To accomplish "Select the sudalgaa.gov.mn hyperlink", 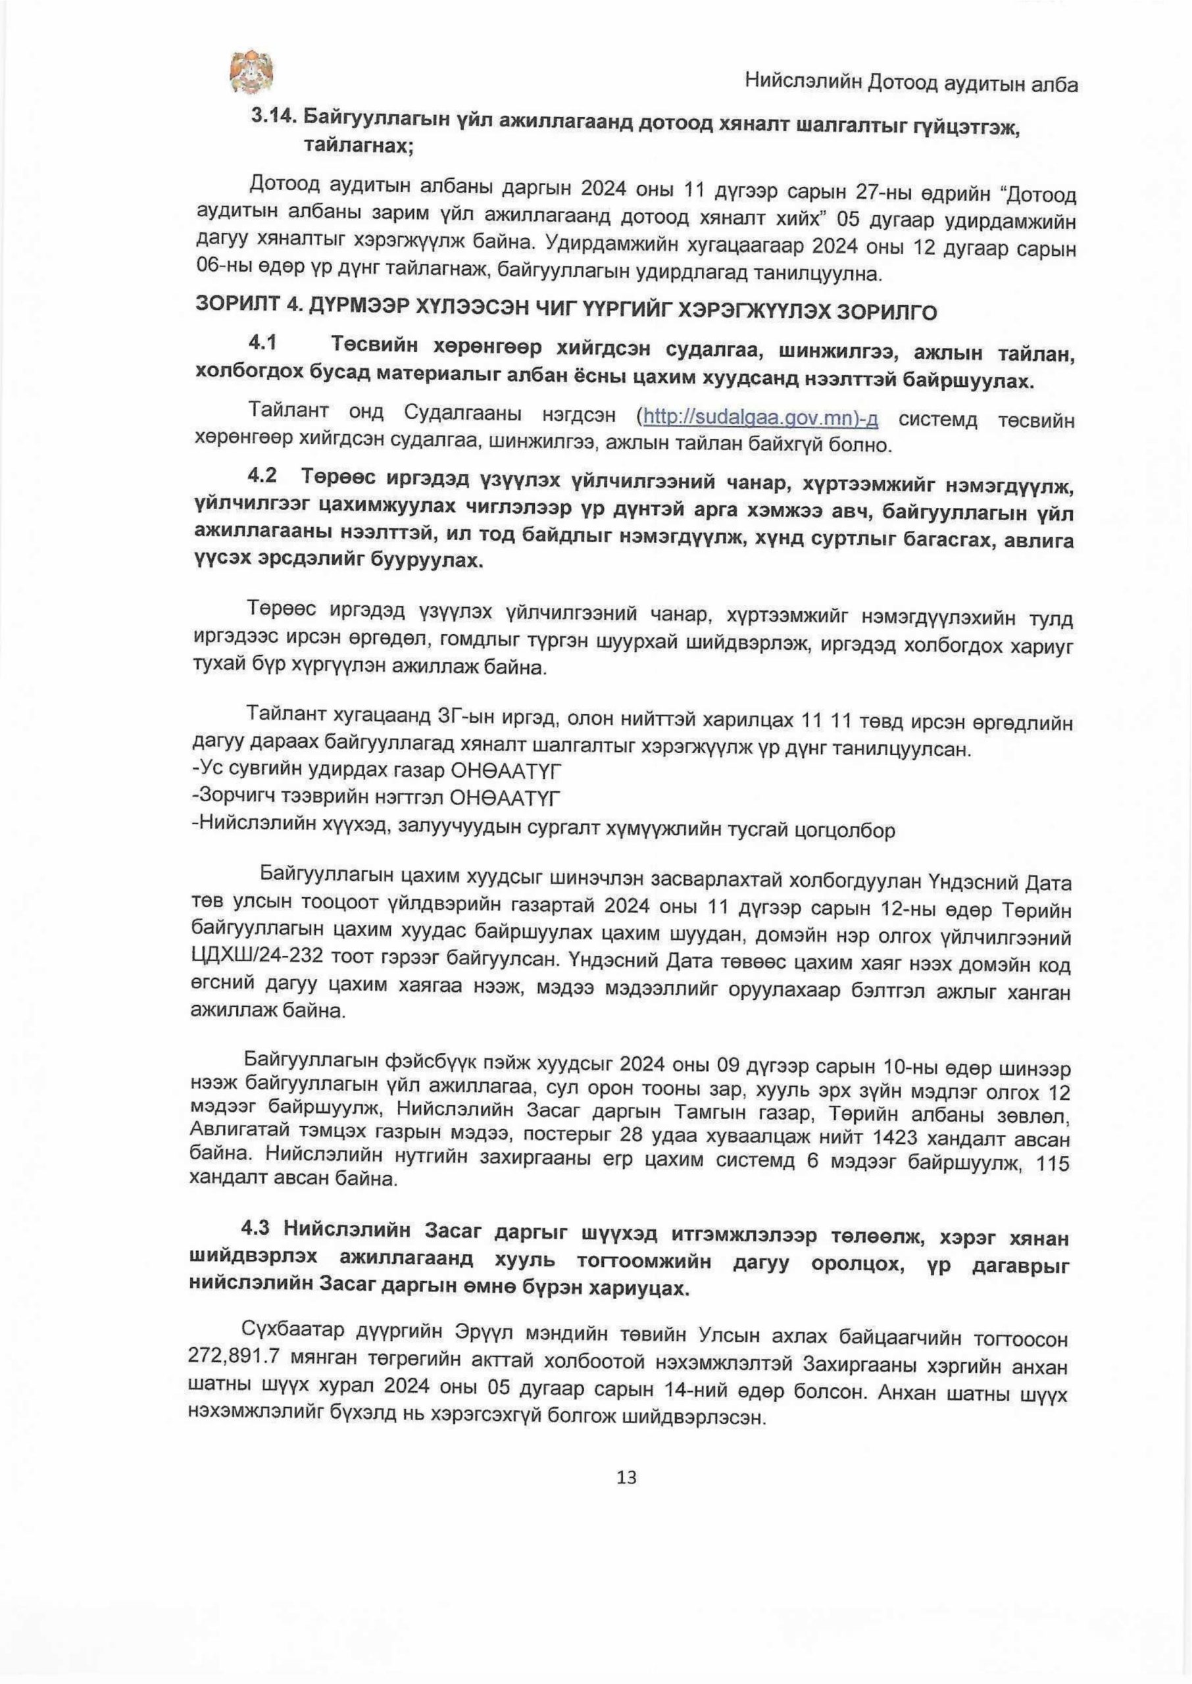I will click(x=760, y=418).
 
